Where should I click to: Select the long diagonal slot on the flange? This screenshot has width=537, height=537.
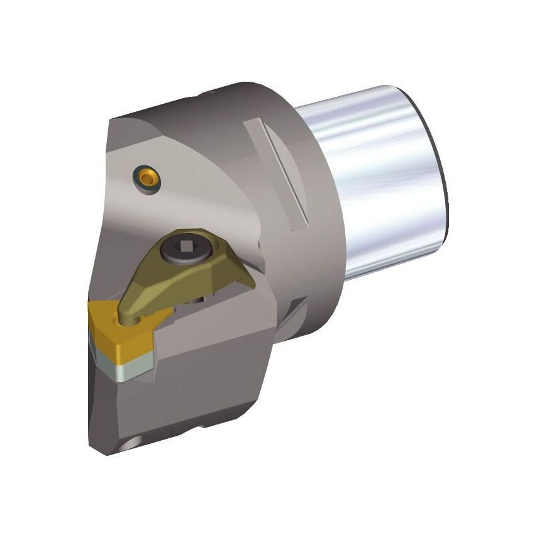[277, 173]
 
